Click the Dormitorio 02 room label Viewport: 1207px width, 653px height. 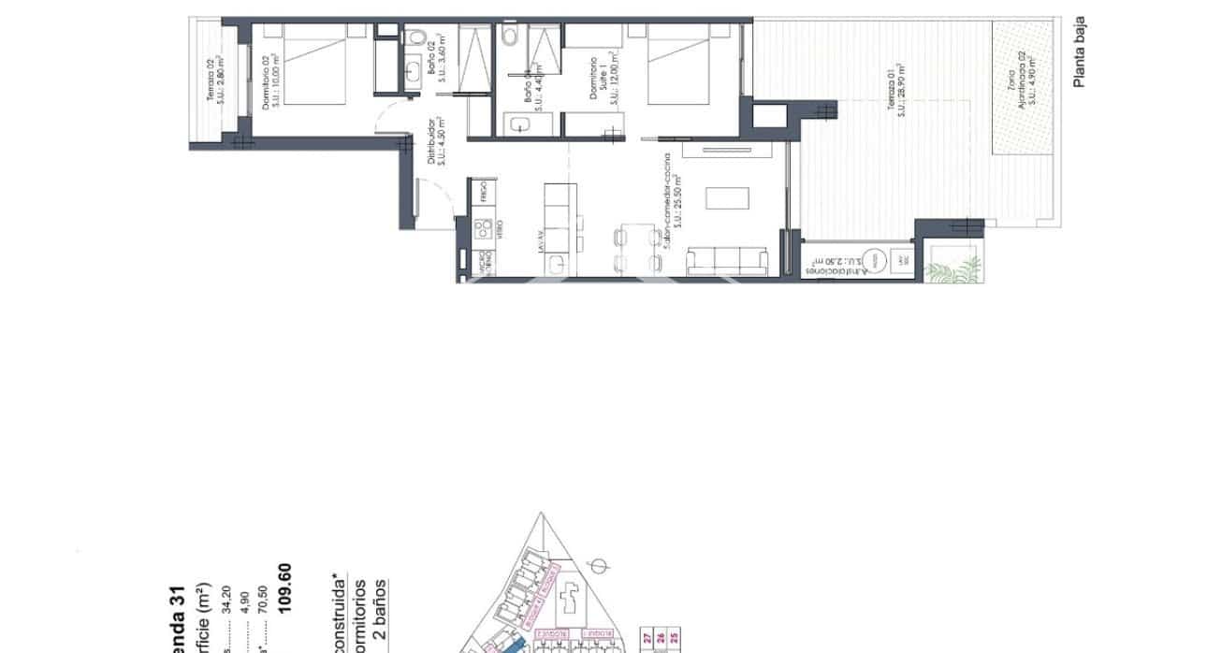[270, 81]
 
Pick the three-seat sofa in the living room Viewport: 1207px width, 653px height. [728, 261]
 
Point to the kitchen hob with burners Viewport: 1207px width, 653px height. [484, 227]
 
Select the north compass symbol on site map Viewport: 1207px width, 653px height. [604, 566]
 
